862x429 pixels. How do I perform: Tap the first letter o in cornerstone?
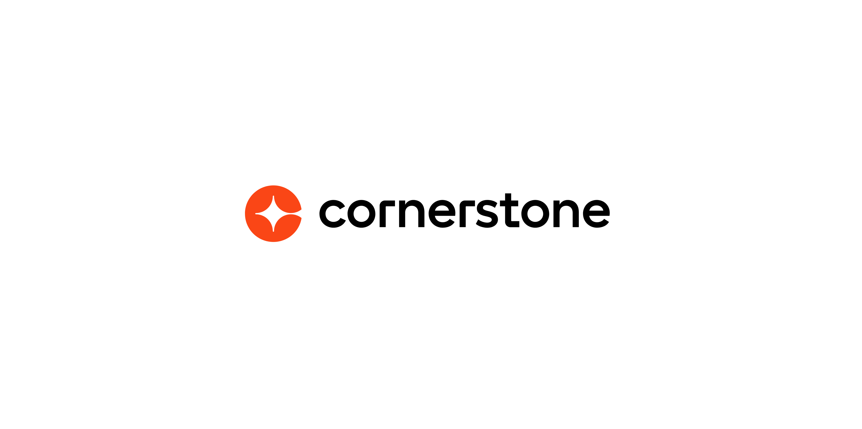point(361,214)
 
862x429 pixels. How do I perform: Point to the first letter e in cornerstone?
point(442,214)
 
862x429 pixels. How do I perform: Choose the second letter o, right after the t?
point(535,214)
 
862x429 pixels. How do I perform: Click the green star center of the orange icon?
point(274,214)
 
